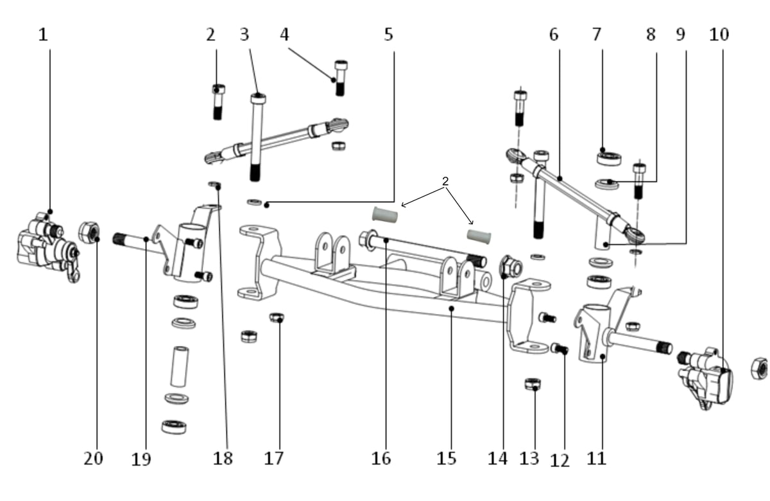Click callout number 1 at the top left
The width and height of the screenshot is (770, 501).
pyautogui.click(x=43, y=35)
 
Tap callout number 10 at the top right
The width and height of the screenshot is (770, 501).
pyautogui.click(x=719, y=35)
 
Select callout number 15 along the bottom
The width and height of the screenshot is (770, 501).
pyautogui.click(x=446, y=459)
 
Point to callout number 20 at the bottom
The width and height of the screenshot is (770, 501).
pyautogui.click(x=93, y=459)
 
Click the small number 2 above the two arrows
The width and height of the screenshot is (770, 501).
pyautogui.click(x=445, y=181)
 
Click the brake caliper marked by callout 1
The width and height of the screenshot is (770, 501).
pyautogui.click(x=48, y=247)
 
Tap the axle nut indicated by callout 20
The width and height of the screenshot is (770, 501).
pyautogui.click(x=89, y=233)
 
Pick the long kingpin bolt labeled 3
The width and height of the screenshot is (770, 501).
pyautogui.click(x=257, y=137)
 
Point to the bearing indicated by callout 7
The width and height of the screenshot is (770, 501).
pyautogui.click(x=609, y=159)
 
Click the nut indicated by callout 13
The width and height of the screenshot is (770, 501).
pyautogui.click(x=533, y=383)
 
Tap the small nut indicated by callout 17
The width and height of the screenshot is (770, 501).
pyautogui.click(x=277, y=317)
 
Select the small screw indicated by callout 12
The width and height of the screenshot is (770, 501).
pyautogui.click(x=560, y=349)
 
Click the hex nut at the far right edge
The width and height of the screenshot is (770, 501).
pyautogui.click(x=759, y=369)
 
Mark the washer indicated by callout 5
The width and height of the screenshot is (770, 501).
pyautogui.click(x=254, y=202)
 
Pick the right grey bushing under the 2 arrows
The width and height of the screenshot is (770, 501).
pyautogui.click(x=479, y=237)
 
